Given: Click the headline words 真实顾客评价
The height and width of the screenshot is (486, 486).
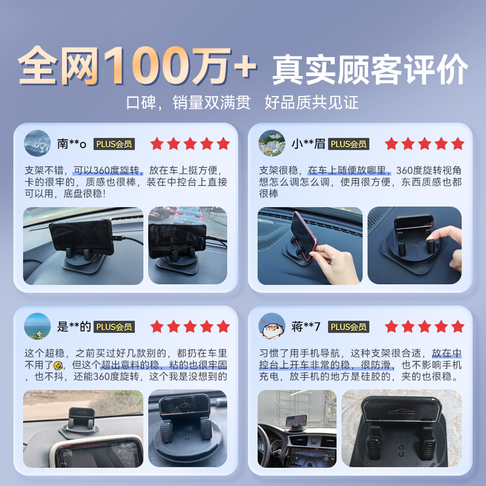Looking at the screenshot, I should coord(370,68).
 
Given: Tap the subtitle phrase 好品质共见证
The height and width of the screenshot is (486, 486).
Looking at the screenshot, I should coord(312,102).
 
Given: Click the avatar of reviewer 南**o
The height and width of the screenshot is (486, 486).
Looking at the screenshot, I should coord(37,143).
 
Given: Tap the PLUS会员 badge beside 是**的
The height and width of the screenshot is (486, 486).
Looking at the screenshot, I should coord(114,327).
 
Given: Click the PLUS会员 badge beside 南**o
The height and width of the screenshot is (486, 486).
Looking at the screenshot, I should coord(114,144).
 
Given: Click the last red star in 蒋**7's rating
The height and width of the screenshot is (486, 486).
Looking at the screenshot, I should coord(457,327).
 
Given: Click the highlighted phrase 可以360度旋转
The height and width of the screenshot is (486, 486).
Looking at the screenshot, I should coord(108,170).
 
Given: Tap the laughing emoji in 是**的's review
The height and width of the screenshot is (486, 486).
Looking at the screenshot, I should coord(58,366).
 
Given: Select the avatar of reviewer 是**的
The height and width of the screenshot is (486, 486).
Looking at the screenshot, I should coord(37,326).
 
